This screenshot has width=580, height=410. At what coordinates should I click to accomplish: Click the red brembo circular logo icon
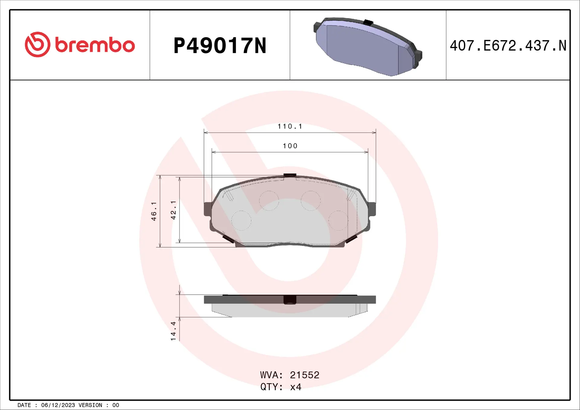click(37, 44)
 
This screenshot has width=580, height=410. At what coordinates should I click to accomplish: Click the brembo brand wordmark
click(95, 45)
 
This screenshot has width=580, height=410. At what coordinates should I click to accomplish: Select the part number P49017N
click(220, 46)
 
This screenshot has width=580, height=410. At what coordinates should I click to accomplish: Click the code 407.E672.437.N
click(508, 46)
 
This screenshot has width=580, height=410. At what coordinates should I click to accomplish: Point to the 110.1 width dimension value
click(290, 126)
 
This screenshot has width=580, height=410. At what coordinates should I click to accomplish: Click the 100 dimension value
click(290, 146)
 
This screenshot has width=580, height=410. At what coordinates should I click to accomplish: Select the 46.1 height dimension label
click(154, 211)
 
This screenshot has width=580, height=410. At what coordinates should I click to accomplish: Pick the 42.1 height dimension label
click(173, 210)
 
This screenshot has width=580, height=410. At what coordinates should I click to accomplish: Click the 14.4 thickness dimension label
click(173, 331)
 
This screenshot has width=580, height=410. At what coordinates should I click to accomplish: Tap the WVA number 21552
click(304, 375)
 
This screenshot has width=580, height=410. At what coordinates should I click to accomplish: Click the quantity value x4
click(296, 387)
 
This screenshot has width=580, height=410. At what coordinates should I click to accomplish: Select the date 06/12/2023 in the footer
click(58, 405)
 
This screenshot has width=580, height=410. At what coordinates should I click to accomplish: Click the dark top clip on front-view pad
click(290, 175)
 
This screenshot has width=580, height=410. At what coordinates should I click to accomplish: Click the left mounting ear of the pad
click(208, 209)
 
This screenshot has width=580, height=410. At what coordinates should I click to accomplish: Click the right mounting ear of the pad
click(372, 209)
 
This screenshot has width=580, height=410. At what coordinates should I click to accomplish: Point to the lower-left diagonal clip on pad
click(228, 239)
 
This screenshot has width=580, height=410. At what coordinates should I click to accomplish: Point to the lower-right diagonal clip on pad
click(352, 239)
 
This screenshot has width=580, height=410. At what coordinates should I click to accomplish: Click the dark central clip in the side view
click(290, 299)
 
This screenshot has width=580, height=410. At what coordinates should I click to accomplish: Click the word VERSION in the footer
click(90, 405)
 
